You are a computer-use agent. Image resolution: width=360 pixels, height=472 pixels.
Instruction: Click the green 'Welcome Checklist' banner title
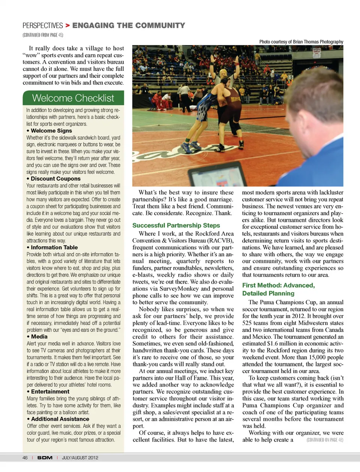click(x=73, y=98)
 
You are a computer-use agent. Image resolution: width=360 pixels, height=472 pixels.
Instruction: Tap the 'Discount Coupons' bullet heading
click(x=55, y=179)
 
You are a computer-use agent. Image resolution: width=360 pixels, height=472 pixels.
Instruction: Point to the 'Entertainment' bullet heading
click(x=50, y=391)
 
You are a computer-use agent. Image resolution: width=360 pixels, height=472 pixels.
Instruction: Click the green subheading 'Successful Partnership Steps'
click(x=176, y=226)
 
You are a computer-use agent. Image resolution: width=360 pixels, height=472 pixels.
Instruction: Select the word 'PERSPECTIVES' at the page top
click(x=42, y=25)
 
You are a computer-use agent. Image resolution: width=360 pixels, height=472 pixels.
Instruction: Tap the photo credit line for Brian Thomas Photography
click(x=301, y=42)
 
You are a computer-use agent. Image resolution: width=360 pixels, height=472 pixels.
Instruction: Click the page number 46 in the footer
click(x=25, y=458)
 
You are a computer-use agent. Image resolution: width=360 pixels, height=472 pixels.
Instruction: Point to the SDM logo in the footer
click(x=45, y=458)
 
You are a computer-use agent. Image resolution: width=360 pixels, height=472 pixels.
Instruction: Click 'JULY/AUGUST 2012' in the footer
click(x=80, y=458)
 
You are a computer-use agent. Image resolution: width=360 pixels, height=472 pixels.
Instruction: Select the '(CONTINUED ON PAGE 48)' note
click(x=324, y=440)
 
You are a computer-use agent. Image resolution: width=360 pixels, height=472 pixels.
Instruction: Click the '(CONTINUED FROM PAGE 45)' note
click(x=43, y=35)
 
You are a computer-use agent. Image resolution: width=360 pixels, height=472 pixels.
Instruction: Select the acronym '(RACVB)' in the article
click(x=221, y=240)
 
